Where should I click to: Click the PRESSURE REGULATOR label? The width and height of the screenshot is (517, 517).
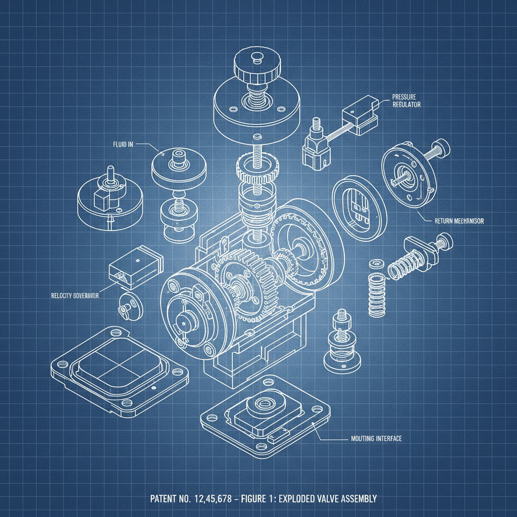[x=406, y=100]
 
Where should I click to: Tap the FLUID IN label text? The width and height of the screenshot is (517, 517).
[x=123, y=144]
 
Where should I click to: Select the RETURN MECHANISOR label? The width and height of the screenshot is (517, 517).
[x=459, y=221]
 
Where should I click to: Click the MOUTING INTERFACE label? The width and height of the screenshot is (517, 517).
[x=376, y=439]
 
